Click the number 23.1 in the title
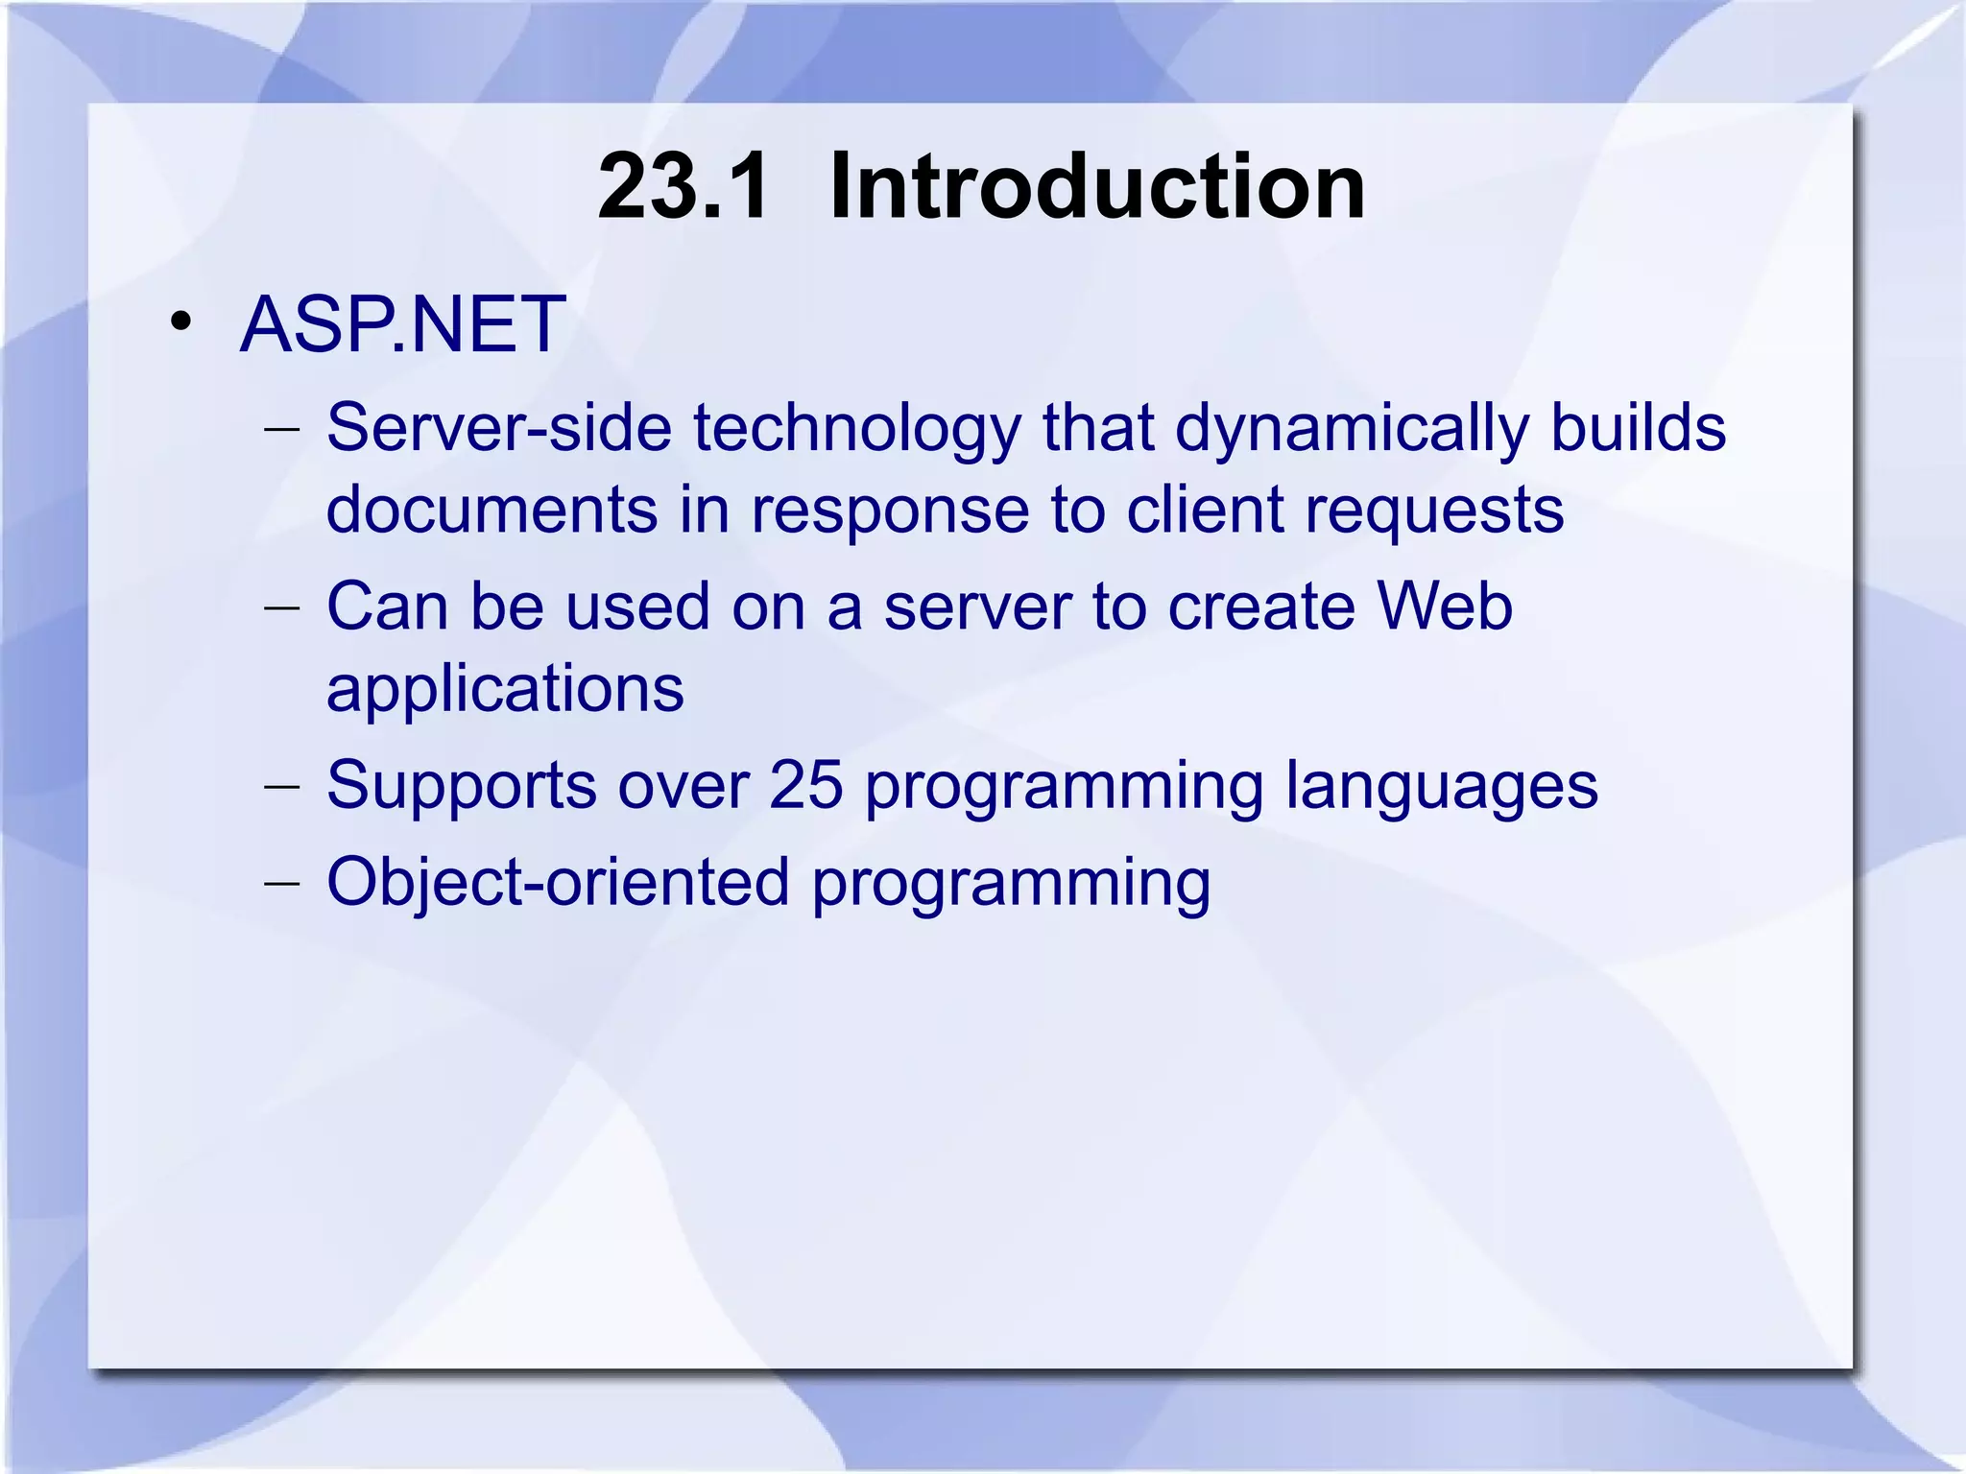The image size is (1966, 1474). pos(683,187)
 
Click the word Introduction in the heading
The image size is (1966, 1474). pos(1096,187)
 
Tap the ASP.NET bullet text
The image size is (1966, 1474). pos(402,325)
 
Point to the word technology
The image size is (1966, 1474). pos(856,430)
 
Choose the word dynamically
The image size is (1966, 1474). pos(1351,430)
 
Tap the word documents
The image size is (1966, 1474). pos(491,510)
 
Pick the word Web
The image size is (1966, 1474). pos(1444,606)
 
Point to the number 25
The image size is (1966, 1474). pos(805,786)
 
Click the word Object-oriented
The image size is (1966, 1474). pos(558,883)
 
